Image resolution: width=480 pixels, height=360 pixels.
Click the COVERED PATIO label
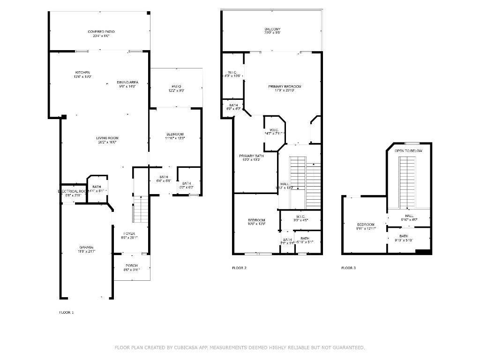[101, 32]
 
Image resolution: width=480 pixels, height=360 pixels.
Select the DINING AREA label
[127, 82]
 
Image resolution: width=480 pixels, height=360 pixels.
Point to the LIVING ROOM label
[107, 138]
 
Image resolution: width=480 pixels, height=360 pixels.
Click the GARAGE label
[86, 247]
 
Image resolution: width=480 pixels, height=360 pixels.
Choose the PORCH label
[131, 266]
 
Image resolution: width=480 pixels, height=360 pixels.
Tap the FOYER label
[129, 233]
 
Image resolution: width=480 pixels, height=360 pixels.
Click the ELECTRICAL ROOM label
[73, 191]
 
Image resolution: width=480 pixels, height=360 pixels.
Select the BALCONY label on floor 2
[272, 30]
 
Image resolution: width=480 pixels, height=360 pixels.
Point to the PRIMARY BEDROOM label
[285, 87]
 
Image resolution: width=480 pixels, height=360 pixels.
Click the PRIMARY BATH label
[251, 156]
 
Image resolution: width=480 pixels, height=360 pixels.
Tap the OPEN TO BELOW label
[408, 151]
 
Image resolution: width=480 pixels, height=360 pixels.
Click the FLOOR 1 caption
[66, 312]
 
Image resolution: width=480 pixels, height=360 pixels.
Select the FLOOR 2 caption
[239, 268]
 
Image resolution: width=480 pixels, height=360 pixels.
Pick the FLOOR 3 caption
[348, 268]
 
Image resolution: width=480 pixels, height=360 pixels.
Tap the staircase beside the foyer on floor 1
[141, 209]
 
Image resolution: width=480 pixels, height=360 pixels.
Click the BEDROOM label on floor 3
[366, 225]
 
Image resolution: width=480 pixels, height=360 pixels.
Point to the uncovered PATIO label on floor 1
[176, 87]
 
